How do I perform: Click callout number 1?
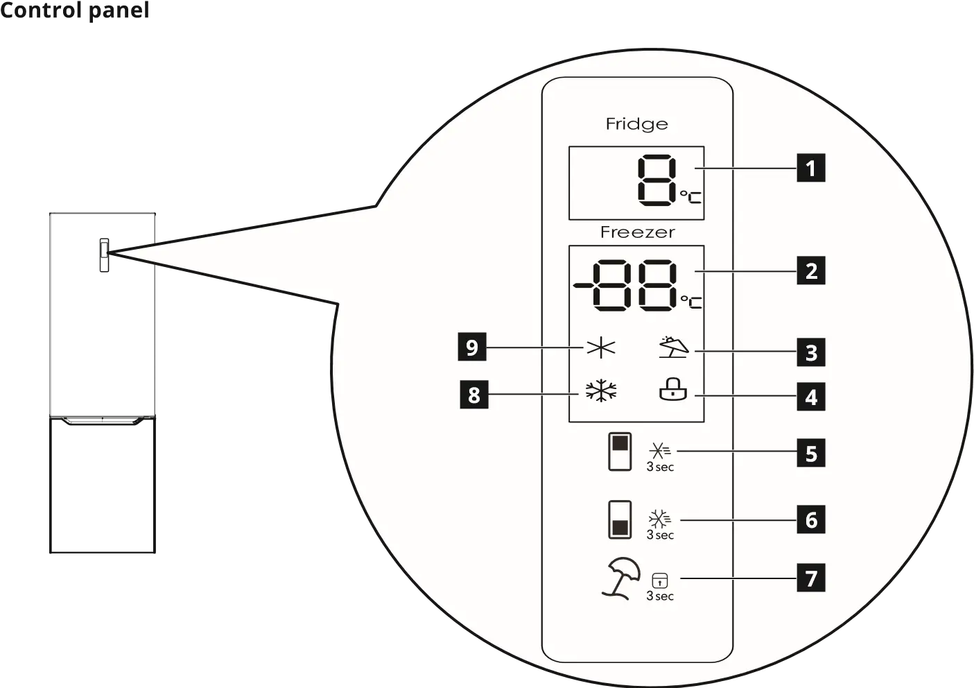click(810, 169)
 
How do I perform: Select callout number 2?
click(810, 270)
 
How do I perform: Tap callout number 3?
click(810, 352)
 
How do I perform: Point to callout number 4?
click(810, 397)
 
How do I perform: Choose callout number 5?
click(810, 454)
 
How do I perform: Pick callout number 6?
click(810, 520)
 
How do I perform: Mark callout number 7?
click(810, 578)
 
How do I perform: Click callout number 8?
click(474, 395)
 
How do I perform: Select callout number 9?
click(472, 347)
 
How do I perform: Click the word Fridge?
click(636, 124)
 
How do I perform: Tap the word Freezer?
click(637, 232)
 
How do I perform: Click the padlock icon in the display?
click(672, 391)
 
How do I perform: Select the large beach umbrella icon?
click(620, 580)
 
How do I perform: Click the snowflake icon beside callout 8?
click(600, 392)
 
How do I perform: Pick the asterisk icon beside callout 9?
click(600, 348)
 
